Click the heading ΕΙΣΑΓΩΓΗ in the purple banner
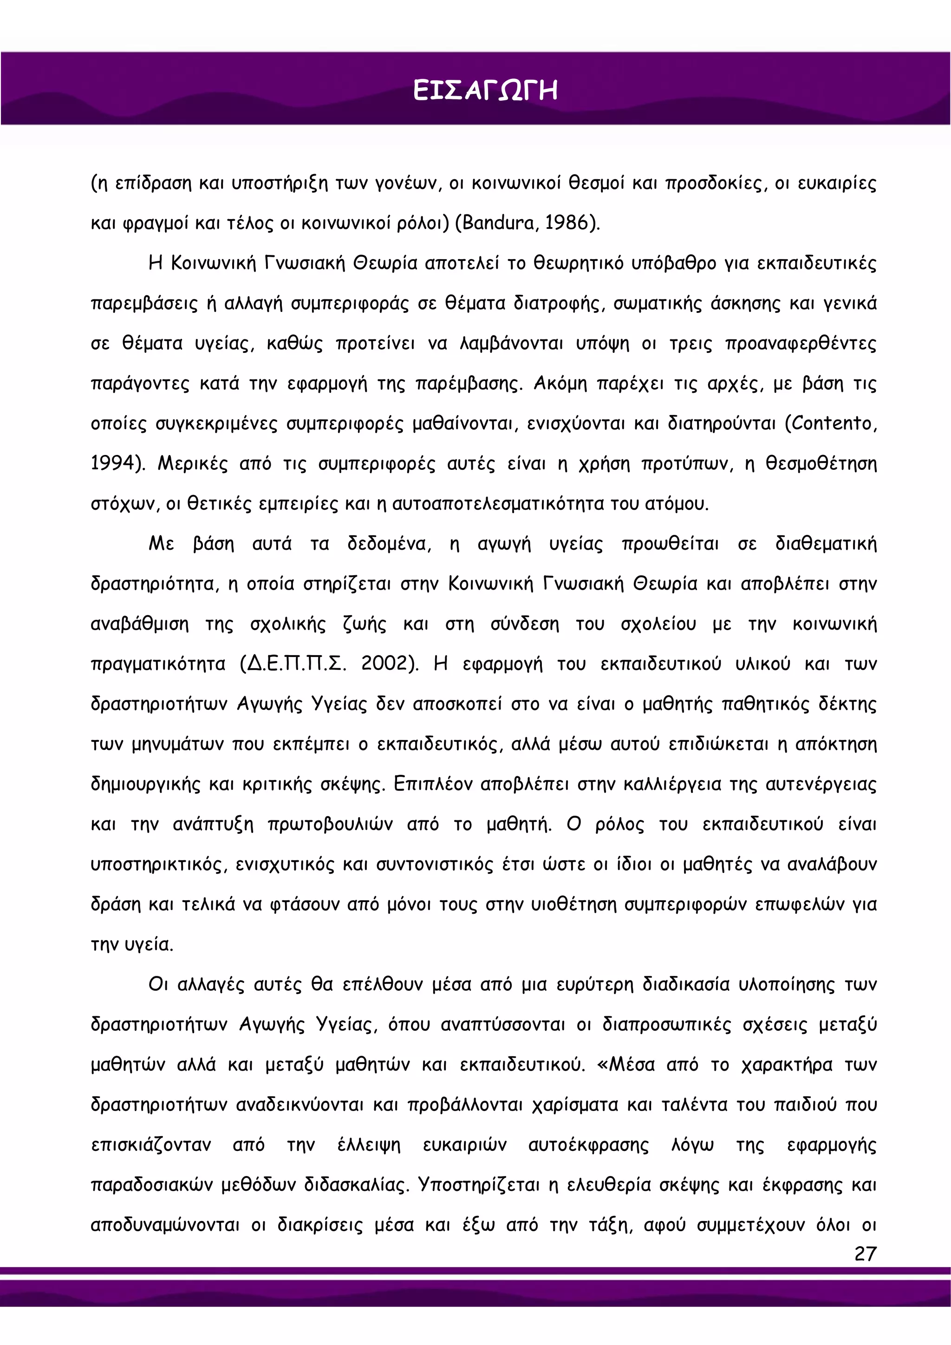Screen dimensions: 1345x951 [485, 91]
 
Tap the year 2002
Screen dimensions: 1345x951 [384, 664]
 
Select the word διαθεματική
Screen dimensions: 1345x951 [826, 544]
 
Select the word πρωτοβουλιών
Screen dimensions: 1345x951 [330, 824]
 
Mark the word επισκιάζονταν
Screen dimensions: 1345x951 [150, 1144]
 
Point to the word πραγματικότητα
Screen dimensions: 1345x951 [157, 664]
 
